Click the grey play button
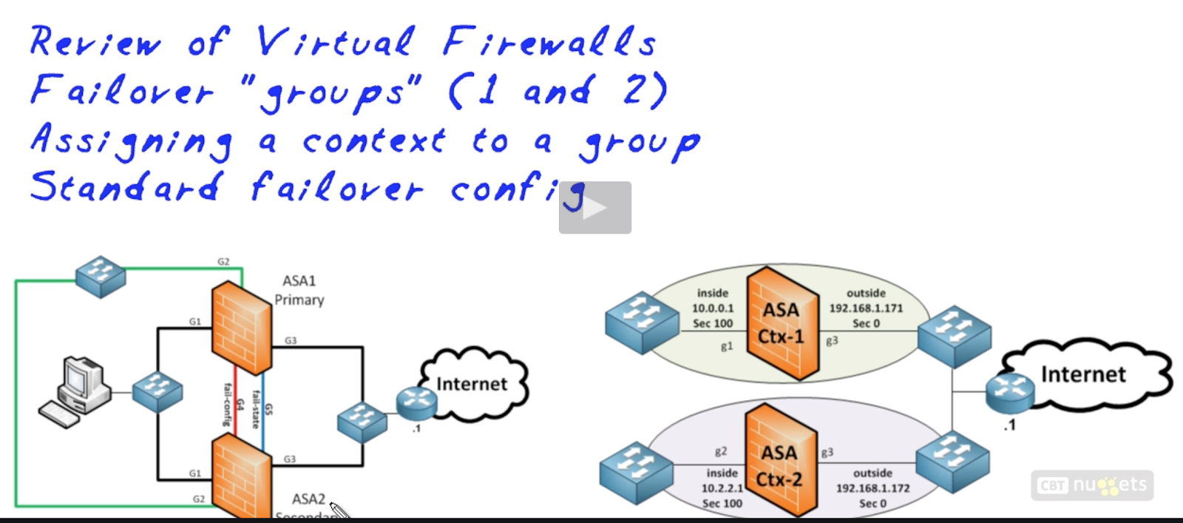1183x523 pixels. (x=594, y=208)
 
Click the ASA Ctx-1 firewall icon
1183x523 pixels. (x=782, y=324)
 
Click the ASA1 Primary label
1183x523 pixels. (x=299, y=291)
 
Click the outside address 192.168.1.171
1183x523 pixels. (x=866, y=308)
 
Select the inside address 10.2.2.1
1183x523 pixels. (x=722, y=488)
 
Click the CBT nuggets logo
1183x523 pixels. (x=1092, y=485)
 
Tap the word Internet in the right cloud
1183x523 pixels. (x=1082, y=374)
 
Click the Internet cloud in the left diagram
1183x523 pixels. (x=473, y=384)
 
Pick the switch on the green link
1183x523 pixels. (x=101, y=277)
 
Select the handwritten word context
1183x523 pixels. (x=374, y=141)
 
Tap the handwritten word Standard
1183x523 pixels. (x=126, y=186)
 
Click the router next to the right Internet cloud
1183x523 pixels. (x=1009, y=391)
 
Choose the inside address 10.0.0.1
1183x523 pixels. (x=713, y=308)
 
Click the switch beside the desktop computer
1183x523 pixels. (x=157, y=391)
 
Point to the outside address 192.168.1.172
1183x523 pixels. (x=872, y=488)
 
